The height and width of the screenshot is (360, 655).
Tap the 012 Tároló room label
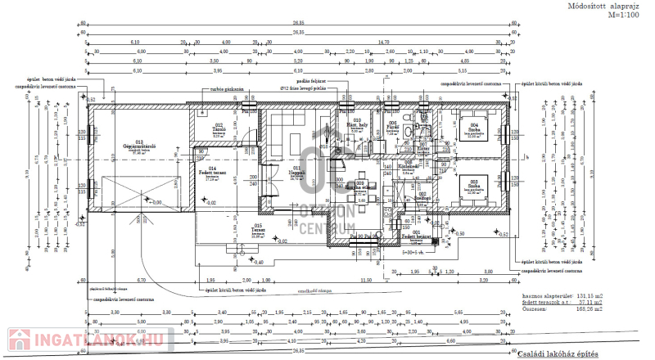point(219,129)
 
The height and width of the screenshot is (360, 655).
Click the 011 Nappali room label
point(296,171)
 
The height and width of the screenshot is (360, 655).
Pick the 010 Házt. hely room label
point(356,124)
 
